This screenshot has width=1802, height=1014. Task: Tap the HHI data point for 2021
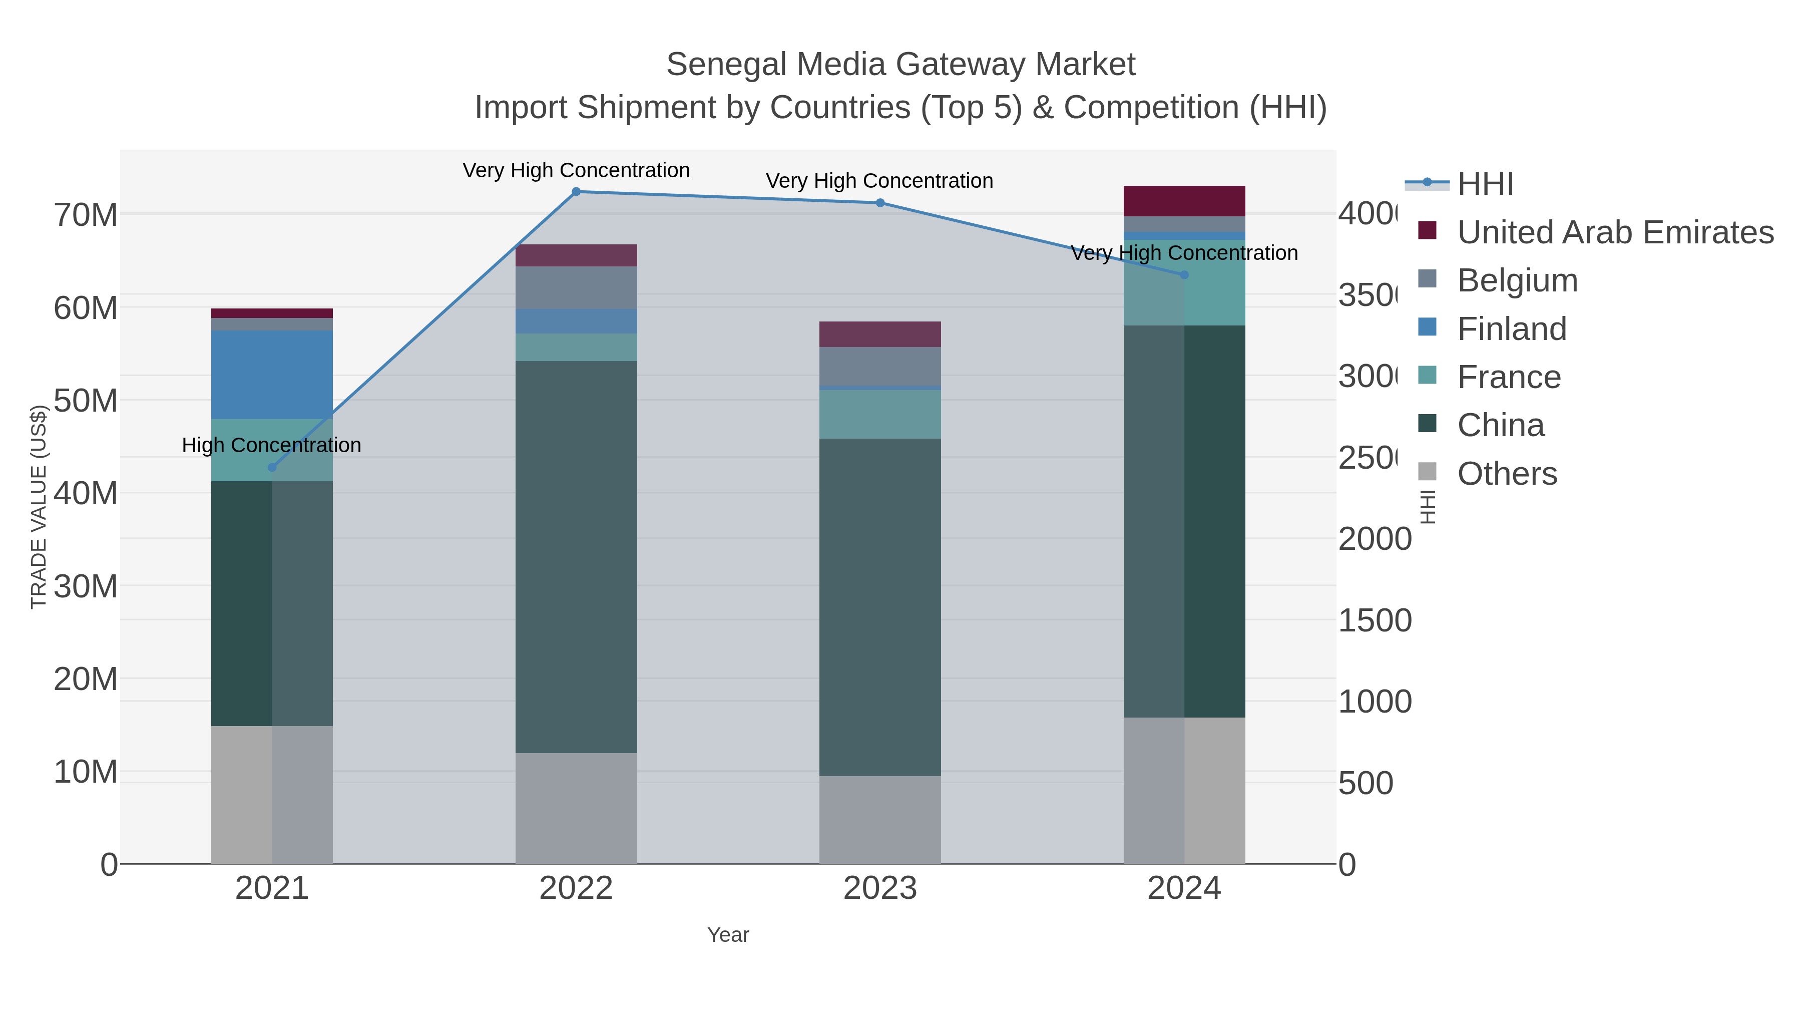(x=272, y=468)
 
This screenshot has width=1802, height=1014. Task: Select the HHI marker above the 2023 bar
(x=880, y=203)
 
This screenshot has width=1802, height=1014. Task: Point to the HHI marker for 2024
(x=1184, y=275)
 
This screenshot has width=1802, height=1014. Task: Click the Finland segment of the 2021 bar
(x=272, y=375)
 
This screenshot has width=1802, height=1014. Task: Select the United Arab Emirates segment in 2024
(x=1184, y=201)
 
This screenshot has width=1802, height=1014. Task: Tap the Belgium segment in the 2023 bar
(x=880, y=366)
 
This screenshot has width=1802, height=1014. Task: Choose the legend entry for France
(x=1509, y=377)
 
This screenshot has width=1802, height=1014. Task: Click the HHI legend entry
(x=1485, y=184)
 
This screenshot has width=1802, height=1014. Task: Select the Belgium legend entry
(x=1517, y=280)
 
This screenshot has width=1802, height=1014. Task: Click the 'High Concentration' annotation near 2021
(x=271, y=445)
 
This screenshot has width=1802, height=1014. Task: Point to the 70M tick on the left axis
(x=85, y=215)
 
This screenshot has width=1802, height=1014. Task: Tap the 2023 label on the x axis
(x=880, y=888)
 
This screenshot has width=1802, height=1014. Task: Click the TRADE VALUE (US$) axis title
(x=39, y=507)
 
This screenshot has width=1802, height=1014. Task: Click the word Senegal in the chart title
(x=725, y=65)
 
